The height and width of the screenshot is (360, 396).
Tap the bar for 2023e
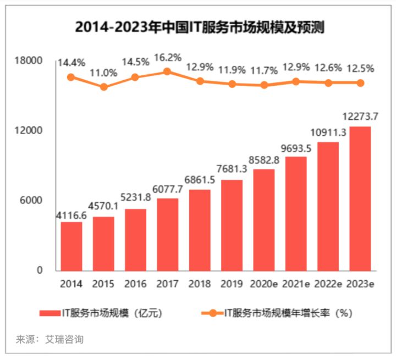point(360,198)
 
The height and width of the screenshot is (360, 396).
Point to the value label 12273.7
point(360,117)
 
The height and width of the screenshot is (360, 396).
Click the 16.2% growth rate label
point(167,57)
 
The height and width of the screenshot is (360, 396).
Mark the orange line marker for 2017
point(167,71)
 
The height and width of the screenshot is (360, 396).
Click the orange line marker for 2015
point(103,87)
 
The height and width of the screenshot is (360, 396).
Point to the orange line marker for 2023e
point(360,83)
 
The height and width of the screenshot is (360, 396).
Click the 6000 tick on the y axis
point(33,201)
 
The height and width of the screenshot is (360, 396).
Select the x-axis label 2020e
point(264,284)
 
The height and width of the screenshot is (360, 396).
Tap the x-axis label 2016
point(135,284)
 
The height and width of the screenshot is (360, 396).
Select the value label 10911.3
point(328,132)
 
